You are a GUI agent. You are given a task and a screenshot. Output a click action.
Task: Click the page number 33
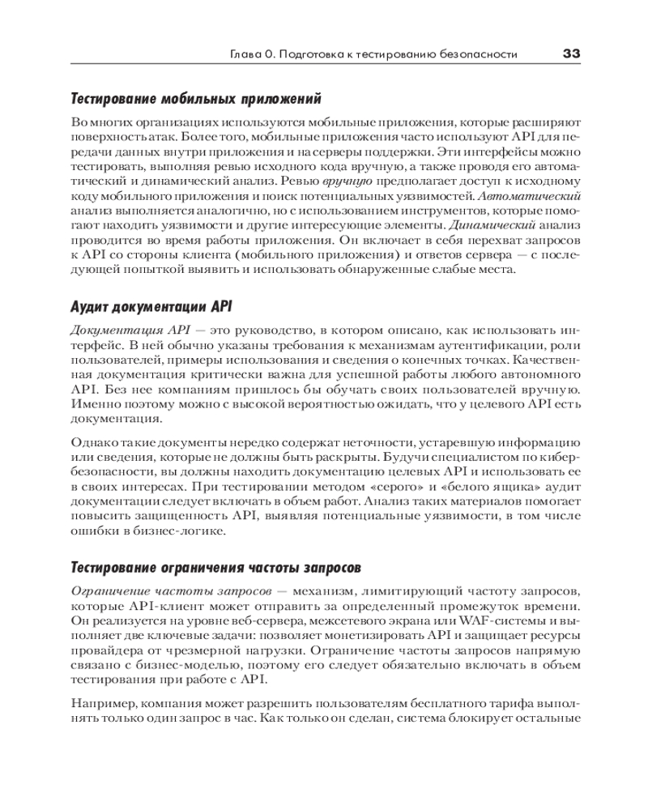tap(571, 53)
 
